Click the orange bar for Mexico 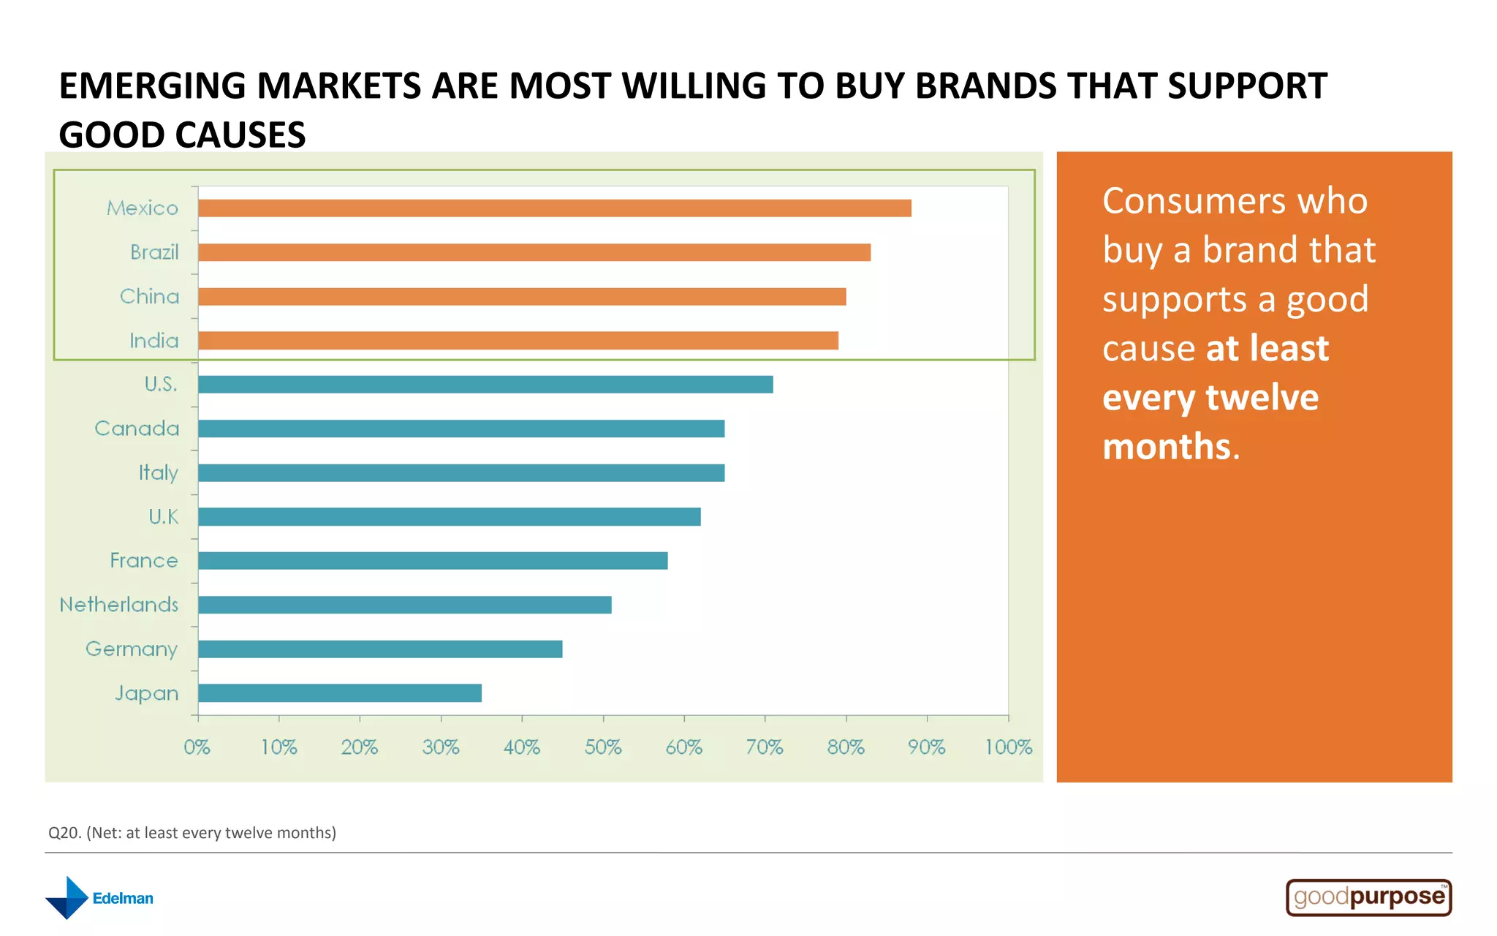click(x=554, y=208)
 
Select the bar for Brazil click(x=534, y=252)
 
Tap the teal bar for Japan click(x=340, y=693)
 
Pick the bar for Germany click(x=380, y=649)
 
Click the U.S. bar click(x=485, y=385)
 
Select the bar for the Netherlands click(x=404, y=605)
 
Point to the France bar click(x=433, y=561)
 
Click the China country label click(x=149, y=296)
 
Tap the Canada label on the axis click(x=137, y=429)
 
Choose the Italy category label click(x=158, y=473)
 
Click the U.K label click(x=163, y=517)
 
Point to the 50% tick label click(x=603, y=747)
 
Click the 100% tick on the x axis click(x=1008, y=747)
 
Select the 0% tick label click(x=197, y=747)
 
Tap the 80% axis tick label click(x=846, y=747)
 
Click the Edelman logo click(x=99, y=898)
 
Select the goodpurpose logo click(x=1368, y=897)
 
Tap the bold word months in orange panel click(x=1167, y=446)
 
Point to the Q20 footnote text click(x=192, y=833)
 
